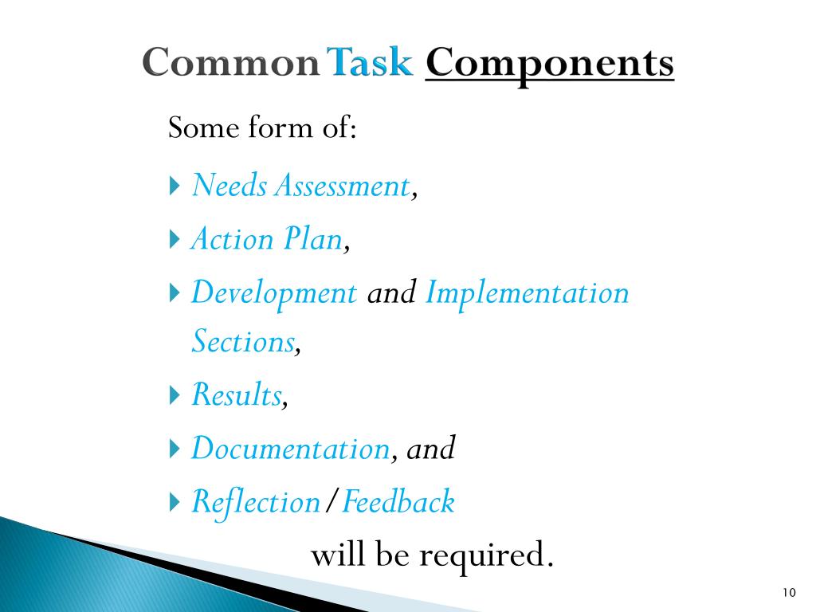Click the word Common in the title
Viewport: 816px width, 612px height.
[x=231, y=64]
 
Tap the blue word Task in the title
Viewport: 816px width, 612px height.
[x=371, y=64]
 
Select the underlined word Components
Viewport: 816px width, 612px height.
[x=550, y=64]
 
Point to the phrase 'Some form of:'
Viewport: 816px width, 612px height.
[x=261, y=127]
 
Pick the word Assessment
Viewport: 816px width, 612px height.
[x=343, y=186]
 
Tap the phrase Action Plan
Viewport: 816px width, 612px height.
[x=267, y=239]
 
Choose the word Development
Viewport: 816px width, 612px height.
[x=274, y=293]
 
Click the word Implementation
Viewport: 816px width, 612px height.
[x=528, y=293]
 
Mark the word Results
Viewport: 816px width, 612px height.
[x=237, y=395]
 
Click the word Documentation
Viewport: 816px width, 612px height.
[x=290, y=449]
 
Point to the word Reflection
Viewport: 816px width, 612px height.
[x=256, y=502]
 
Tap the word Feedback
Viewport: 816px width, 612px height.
[x=398, y=502]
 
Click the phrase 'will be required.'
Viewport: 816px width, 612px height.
[x=431, y=555]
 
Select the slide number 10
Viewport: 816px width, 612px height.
[x=789, y=592]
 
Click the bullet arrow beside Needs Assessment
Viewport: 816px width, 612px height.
[x=175, y=187]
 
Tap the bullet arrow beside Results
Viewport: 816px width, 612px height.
[x=175, y=395]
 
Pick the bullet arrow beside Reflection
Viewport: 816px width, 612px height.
[x=175, y=502]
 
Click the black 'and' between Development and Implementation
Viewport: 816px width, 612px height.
[x=391, y=293]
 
